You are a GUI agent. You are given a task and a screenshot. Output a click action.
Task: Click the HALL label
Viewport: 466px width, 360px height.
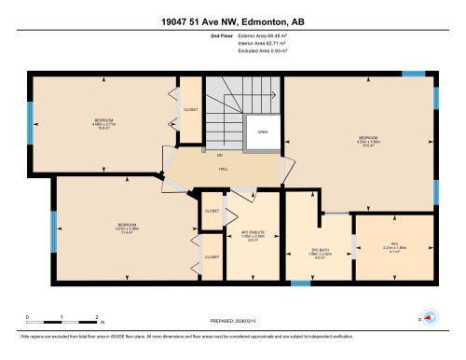tap(225, 169)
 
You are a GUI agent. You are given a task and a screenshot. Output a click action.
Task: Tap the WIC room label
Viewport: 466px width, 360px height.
tap(394, 247)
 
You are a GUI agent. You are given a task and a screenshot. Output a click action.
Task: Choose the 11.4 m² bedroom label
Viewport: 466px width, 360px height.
tap(128, 228)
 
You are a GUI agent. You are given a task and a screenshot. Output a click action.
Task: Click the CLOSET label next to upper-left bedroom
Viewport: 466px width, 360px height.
tap(191, 109)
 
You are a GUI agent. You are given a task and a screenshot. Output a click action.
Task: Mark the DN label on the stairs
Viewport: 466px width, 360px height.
tap(219, 154)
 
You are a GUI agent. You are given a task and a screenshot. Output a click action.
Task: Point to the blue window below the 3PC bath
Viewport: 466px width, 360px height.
tap(300, 284)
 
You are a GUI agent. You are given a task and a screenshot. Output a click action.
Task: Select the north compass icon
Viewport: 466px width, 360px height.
tap(430, 314)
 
